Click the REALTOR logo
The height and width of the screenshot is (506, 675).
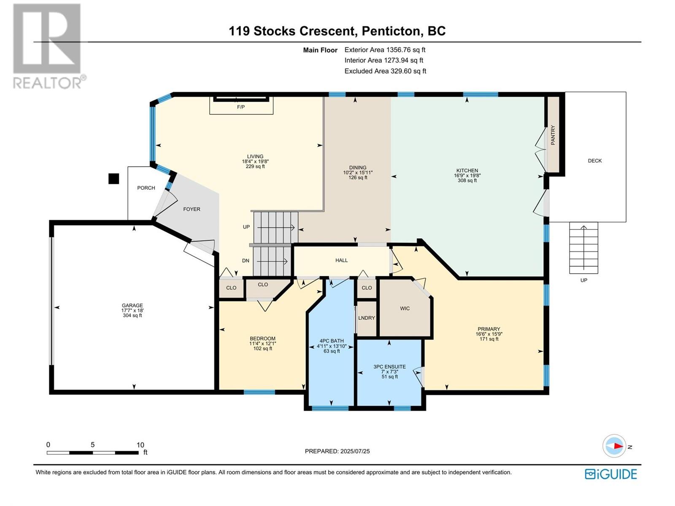(x=49, y=46)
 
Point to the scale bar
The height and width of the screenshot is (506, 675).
(x=92, y=452)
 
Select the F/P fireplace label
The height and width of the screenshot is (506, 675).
(x=241, y=107)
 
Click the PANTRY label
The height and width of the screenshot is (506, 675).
(x=553, y=135)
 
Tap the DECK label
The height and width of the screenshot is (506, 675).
(x=595, y=161)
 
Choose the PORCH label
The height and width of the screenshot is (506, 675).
(x=146, y=188)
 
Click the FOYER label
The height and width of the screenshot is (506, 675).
(x=192, y=209)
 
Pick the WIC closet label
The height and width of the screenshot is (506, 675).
(x=405, y=309)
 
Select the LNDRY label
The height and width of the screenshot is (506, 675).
(x=366, y=318)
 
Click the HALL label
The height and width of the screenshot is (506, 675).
(x=341, y=260)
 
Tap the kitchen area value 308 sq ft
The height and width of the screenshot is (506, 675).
(x=467, y=180)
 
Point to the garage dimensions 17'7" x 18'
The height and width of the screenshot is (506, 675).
(x=132, y=310)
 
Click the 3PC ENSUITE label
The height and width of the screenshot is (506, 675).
(x=390, y=366)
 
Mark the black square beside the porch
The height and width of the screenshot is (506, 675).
(x=114, y=179)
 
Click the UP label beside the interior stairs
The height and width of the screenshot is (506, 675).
(x=246, y=227)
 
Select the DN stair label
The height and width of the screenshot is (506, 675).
(x=246, y=261)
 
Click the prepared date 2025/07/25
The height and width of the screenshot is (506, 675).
(x=355, y=451)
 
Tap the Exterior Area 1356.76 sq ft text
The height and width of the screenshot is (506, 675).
(x=385, y=50)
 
